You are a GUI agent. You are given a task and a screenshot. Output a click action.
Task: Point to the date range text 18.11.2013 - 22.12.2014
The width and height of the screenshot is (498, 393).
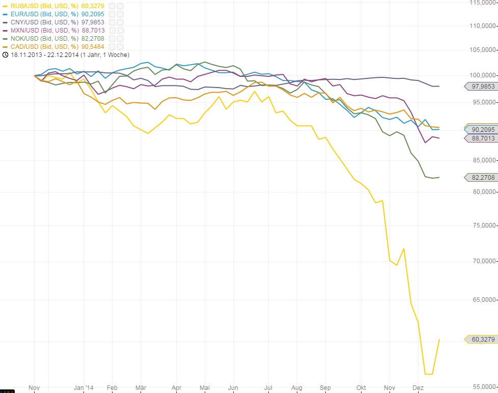coord(69,54)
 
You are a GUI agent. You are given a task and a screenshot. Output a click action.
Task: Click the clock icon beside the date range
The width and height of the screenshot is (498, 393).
coord(5,54)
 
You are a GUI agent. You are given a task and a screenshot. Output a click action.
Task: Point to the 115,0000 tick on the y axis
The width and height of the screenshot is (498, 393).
coord(483,3)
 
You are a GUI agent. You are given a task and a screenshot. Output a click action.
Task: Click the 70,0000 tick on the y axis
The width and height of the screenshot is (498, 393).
coord(483,261)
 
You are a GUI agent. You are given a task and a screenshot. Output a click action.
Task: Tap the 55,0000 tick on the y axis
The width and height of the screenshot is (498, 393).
coord(483,386)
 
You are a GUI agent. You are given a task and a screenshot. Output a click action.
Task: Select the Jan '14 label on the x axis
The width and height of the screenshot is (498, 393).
coord(84,388)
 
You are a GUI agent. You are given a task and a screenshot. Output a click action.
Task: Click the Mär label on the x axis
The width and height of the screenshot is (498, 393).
coord(141,388)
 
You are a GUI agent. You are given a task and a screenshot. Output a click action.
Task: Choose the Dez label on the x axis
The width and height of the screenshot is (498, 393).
coord(418,388)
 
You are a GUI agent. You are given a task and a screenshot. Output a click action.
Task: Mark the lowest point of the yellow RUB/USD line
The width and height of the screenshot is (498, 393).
coord(428,374)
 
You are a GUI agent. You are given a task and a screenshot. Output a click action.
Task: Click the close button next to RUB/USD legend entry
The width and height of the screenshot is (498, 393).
coord(120,6)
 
